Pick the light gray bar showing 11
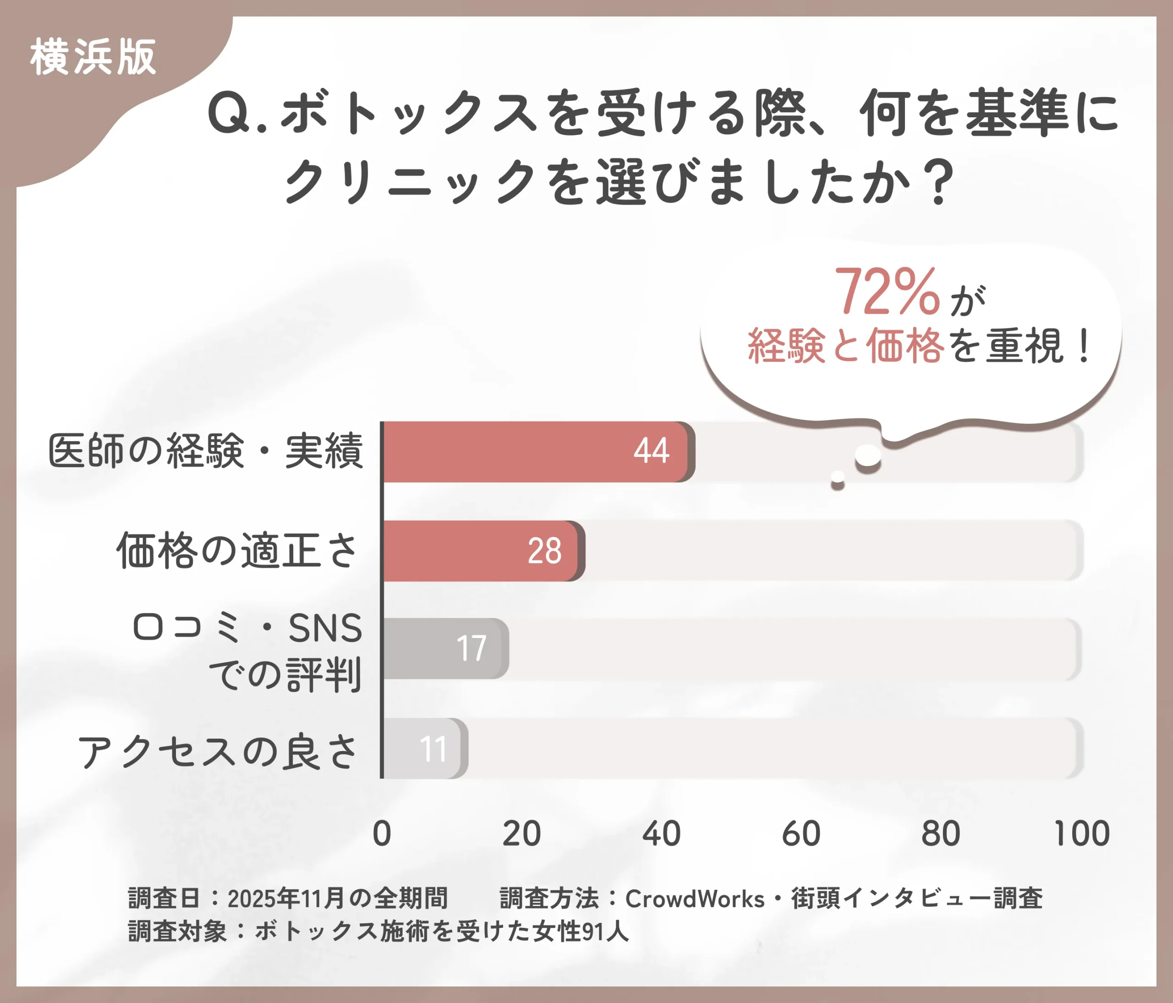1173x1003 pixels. (425, 748)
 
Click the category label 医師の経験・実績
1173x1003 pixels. (205, 451)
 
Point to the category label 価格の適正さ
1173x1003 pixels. (236, 550)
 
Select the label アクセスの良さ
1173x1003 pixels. (218, 752)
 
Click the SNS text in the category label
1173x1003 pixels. (325, 628)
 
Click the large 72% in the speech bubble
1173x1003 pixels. (887, 291)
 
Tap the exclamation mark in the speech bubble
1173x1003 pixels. (1084, 346)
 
